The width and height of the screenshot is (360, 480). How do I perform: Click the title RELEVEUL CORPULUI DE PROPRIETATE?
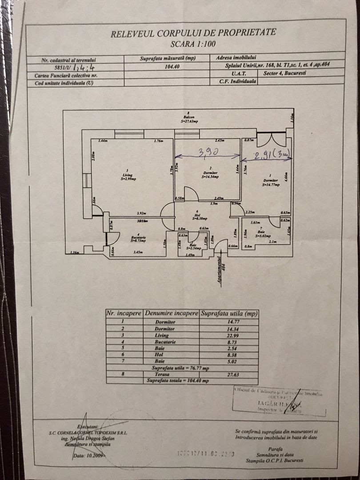click(193, 32)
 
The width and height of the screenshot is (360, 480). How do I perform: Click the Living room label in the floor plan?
click(128, 176)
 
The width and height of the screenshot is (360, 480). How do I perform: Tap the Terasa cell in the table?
click(171, 375)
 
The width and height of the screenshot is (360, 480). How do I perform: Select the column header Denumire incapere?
click(171, 313)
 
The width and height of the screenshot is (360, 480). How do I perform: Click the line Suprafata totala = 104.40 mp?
click(182, 382)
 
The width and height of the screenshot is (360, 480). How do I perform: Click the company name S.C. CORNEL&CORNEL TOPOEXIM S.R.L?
click(88, 432)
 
